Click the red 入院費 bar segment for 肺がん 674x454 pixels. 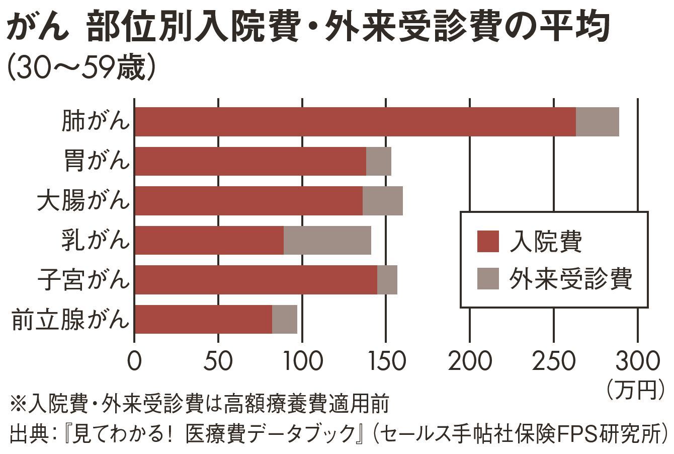[355, 122]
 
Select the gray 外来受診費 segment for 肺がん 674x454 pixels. [597, 122]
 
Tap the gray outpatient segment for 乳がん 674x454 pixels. [327, 240]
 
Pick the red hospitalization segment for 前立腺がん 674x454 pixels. [204, 319]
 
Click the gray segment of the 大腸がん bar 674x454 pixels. [382, 201]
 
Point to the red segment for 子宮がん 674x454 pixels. [256, 280]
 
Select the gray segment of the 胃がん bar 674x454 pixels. [378, 162]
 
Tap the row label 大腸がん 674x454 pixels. [83, 201]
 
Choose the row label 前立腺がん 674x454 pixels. [70, 319]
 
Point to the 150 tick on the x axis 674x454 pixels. [386, 361]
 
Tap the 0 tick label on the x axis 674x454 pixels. [134, 361]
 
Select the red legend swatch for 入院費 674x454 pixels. [487, 241]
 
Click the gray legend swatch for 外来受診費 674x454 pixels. [487, 278]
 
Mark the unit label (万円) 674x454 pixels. [636, 389]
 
